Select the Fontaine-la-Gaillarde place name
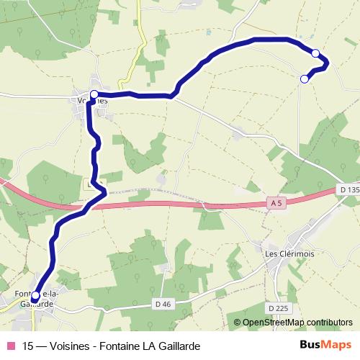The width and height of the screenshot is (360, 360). [34, 299]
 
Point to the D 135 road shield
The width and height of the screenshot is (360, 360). [348, 189]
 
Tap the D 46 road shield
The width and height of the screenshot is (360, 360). [163, 305]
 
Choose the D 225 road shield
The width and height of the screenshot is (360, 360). [278, 308]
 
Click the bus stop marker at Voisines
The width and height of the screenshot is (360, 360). [94, 94]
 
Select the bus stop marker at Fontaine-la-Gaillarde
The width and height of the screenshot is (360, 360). [35, 294]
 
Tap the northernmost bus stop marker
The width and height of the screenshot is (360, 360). [315, 53]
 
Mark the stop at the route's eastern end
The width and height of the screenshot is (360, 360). [304, 78]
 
